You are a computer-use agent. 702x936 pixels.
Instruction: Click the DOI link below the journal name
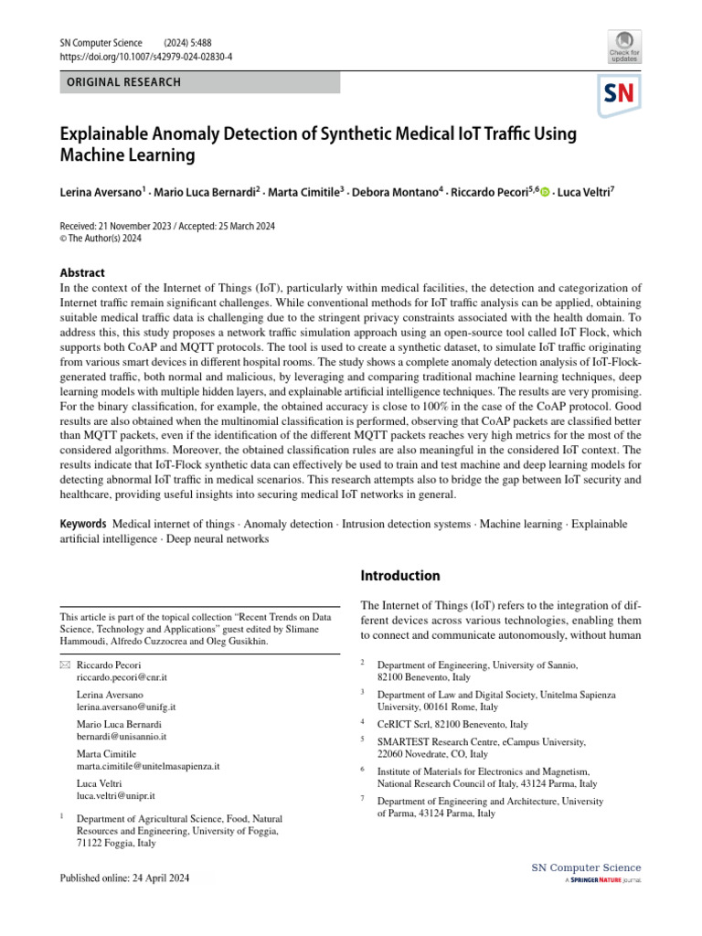pyautogui.click(x=145, y=56)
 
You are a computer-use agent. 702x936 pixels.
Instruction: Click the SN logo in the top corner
pyautogui.click(x=619, y=94)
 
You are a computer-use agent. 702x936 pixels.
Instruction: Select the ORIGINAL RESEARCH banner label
pyautogui.click(x=120, y=82)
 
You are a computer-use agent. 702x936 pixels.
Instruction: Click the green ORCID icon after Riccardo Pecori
pyautogui.click(x=546, y=192)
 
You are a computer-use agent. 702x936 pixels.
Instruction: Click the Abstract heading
pyautogui.click(x=82, y=272)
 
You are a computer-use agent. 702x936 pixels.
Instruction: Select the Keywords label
pyautogui.click(x=83, y=524)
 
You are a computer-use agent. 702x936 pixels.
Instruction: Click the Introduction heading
pyautogui.click(x=400, y=576)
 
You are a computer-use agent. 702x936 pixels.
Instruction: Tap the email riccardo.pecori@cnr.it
pyautogui.click(x=122, y=678)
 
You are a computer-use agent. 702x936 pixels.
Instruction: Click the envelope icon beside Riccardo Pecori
pyautogui.click(x=65, y=665)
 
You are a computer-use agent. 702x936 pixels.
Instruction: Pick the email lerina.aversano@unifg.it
pyautogui.click(x=127, y=707)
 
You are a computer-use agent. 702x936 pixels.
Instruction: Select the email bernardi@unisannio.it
pyautogui.click(x=122, y=736)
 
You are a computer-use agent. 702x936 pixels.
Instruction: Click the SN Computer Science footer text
pyautogui.click(x=586, y=867)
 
